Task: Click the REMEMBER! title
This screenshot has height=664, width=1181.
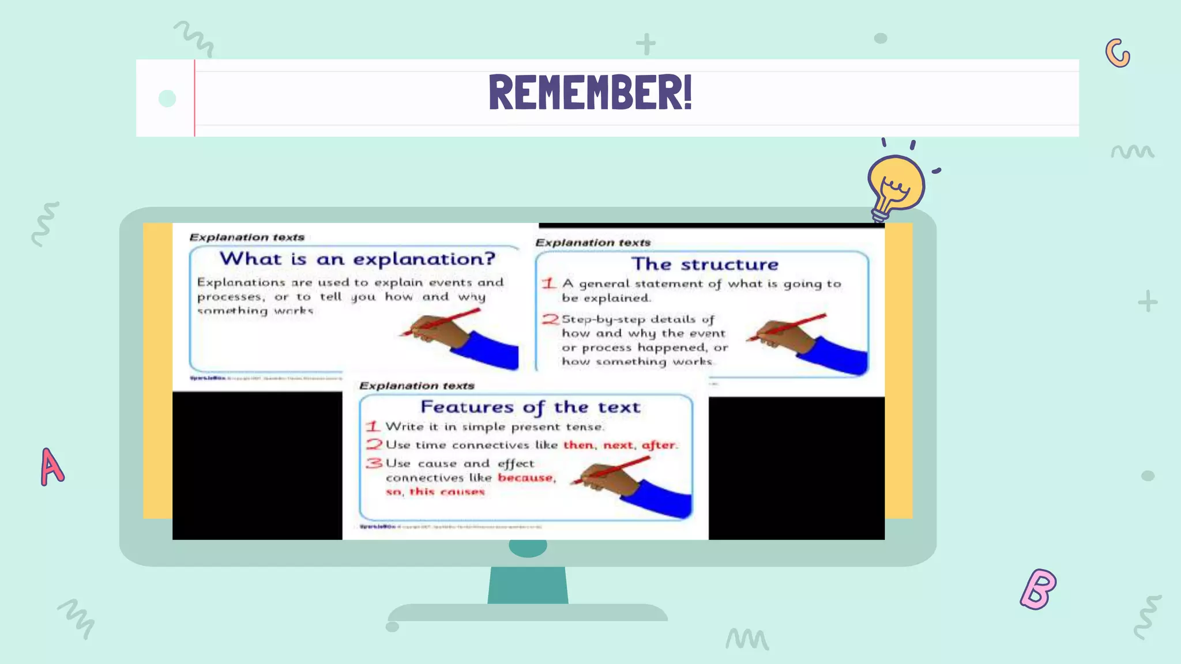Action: click(x=590, y=93)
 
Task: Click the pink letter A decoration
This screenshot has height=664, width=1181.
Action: click(x=51, y=467)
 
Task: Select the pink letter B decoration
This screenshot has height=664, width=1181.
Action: click(x=1038, y=589)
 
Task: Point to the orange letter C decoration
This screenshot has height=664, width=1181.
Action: click(x=1118, y=54)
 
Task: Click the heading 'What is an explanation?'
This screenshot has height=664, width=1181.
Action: click(x=358, y=259)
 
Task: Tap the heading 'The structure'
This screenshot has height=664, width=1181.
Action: click(x=705, y=264)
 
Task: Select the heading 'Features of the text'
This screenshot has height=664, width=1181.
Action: click(x=530, y=407)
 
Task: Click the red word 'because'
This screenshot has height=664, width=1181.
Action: click(x=526, y=478)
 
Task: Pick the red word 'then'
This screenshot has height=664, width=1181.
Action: click(x=578, y=445)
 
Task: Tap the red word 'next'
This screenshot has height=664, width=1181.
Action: click(x=618, y=445)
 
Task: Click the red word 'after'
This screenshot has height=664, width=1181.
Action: click(x=659, y=445)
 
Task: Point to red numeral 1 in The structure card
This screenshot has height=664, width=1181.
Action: click(x=548, y=283)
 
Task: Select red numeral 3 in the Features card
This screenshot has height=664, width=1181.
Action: click(x=374, y=463)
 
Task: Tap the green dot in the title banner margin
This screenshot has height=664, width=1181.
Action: click(x=167, y=99)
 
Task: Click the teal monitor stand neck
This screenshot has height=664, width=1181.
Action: click(x=528, y=585)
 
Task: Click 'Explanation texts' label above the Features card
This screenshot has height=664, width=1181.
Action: click(x=416, y=386)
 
